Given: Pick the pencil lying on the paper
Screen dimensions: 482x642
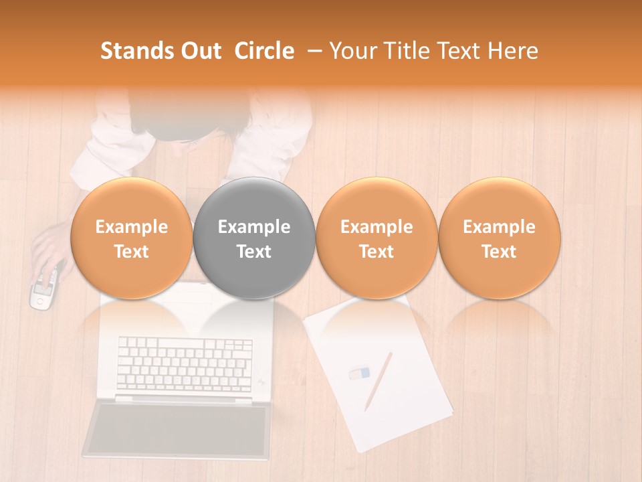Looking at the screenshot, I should tap(378, 381).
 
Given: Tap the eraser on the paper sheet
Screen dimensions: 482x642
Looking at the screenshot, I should tap(359, 372).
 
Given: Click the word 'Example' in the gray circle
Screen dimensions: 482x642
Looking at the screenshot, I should tap(254, 227).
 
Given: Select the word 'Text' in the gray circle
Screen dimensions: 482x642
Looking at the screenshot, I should tap(254, 252).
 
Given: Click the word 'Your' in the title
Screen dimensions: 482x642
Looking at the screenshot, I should tap(353, 51).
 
